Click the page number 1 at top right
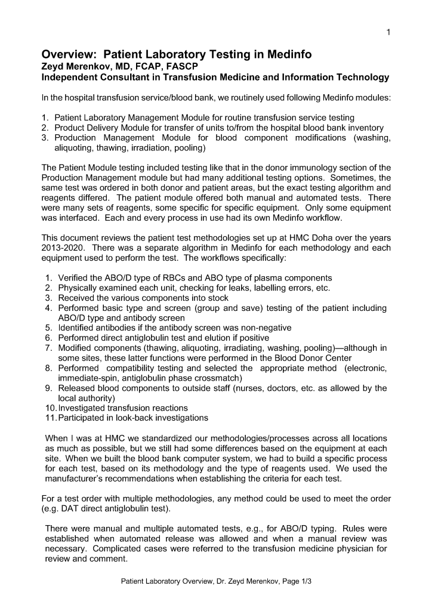388,32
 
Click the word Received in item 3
78,298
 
